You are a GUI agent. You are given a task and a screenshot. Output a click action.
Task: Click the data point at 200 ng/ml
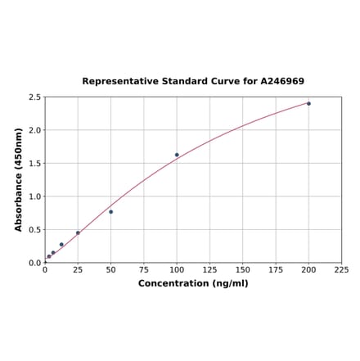tap(308, 103)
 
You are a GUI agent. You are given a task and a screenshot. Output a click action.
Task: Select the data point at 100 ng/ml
tap(177, 155)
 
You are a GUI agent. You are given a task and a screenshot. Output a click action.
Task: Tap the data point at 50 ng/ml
tap(110, 212)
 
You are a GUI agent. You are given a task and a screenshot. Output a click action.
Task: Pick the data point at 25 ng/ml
tap(78, 232)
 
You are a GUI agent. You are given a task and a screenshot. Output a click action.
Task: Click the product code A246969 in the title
tap(282, 81)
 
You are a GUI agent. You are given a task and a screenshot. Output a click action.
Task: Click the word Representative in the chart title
tap(120, 81)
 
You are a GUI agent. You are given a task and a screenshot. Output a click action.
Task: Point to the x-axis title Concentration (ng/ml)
tap(193, 283)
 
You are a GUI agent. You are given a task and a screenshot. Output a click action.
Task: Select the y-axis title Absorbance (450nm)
tap(19, 179)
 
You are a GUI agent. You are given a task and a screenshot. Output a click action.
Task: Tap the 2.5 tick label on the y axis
tap(35, 97)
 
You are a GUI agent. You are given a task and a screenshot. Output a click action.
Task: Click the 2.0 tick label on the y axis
tap(35, 130)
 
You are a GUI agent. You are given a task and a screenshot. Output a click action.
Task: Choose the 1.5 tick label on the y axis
tap(35, 164)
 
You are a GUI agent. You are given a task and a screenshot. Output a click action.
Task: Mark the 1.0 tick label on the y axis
tap(35, 196)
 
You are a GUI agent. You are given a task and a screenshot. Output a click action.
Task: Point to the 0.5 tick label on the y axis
tap(35, 230)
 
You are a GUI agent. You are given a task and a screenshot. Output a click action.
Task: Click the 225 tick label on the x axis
tap(341, 269)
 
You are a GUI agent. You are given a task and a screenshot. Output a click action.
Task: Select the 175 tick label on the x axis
tap(276, 269)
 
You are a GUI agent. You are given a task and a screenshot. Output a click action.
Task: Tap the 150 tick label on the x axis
tap(243, 269)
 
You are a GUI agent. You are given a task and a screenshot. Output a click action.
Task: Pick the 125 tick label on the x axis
tap(209, 269)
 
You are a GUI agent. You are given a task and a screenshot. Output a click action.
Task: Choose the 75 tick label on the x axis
tap(143, 269)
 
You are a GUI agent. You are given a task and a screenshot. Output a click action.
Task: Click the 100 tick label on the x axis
tap(177, 269)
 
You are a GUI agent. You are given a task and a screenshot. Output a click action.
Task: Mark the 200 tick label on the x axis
tap(308, 269)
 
